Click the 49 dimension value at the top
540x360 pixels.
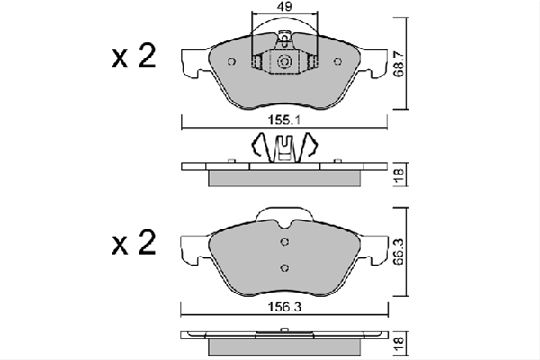pyautogui.click(x=284, y=6)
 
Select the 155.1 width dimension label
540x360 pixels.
pyautogui.click(x=284, y=121)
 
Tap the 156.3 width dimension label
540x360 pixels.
pyautogui.click(x=284, y=307)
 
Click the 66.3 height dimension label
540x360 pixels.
pyautogui.click(x=400, y=252)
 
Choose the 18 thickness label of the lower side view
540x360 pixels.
pyautogui.click(x=400, y=345)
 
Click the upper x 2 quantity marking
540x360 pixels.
pyautogui.click(x=134, y=56)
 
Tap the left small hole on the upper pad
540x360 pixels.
pyautogui.click(x=232, y=62)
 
